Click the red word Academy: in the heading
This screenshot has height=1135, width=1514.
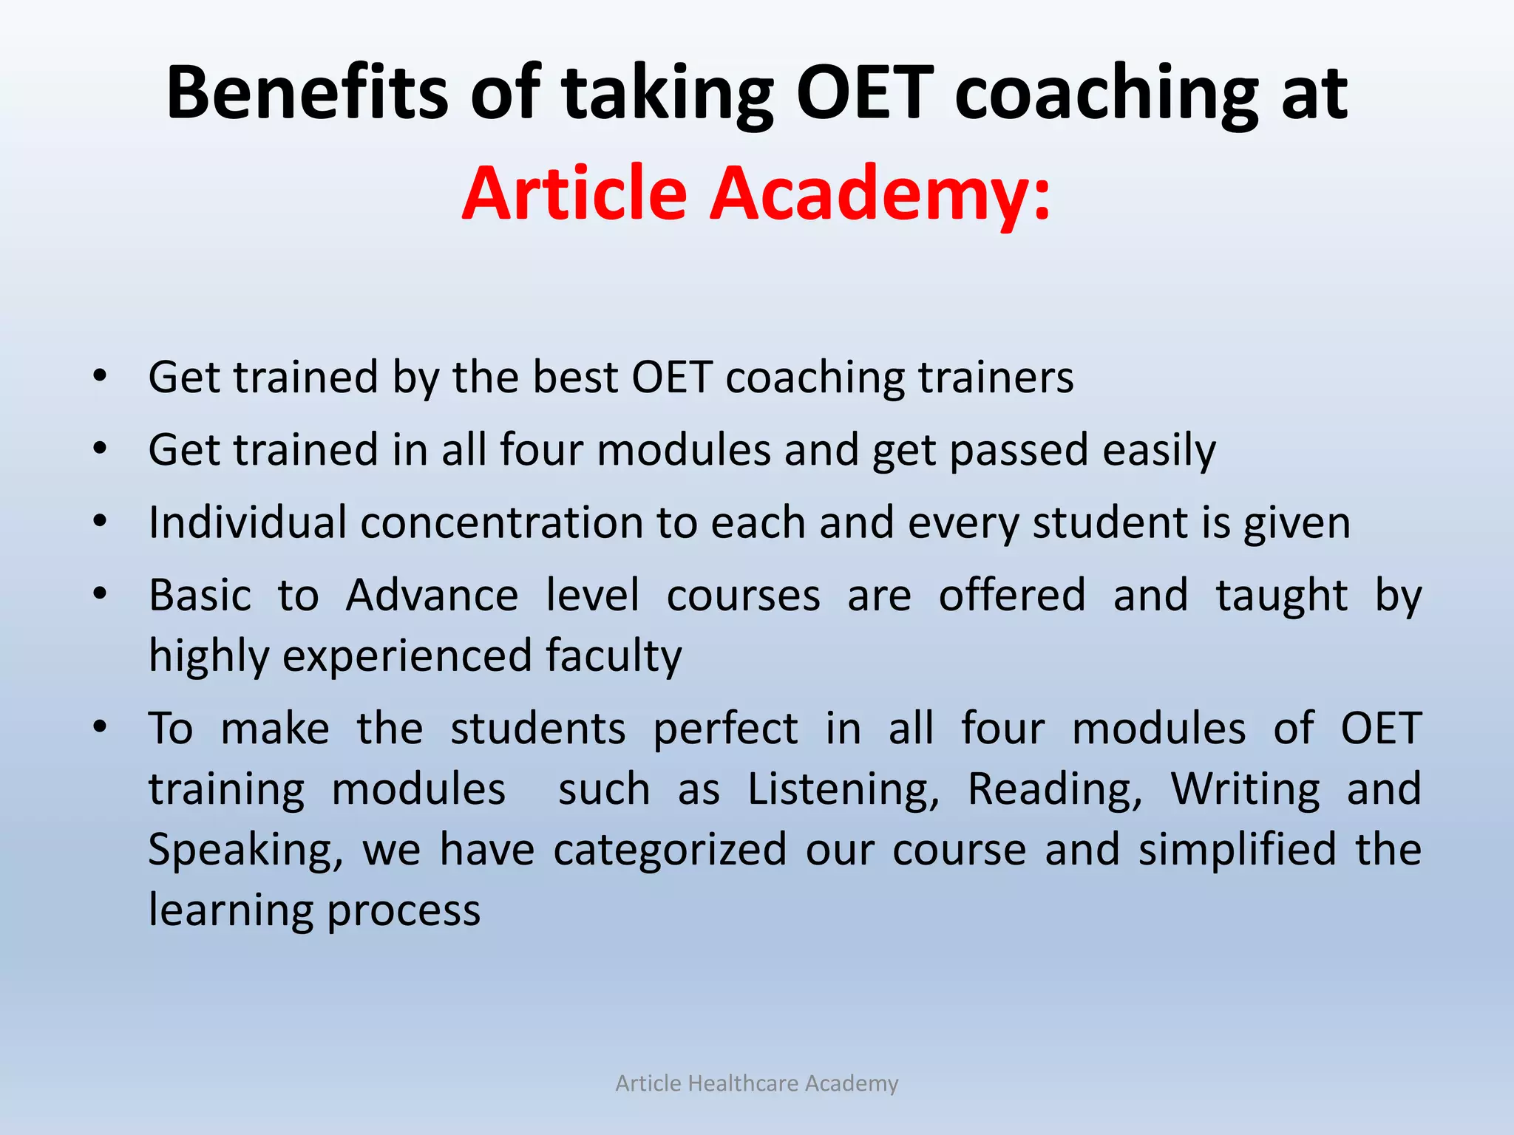point(880,193)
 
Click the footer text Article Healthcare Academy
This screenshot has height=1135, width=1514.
point(757,1083)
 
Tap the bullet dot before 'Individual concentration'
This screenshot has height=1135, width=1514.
point(101,522)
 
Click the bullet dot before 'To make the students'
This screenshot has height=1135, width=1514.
point(101,727)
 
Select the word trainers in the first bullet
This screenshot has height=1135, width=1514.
point(995,377)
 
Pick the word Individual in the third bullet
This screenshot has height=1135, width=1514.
point(248,522)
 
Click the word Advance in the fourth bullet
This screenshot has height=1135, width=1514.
point(432,595)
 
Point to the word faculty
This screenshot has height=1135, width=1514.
point(613,656)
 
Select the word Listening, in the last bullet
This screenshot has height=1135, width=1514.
point(843,789)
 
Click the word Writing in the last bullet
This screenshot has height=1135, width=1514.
point(1245,789)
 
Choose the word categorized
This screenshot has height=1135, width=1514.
point(669,850)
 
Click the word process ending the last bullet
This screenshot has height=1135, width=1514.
point(404,910)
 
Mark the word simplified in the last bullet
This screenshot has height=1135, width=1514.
point(1237,850)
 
